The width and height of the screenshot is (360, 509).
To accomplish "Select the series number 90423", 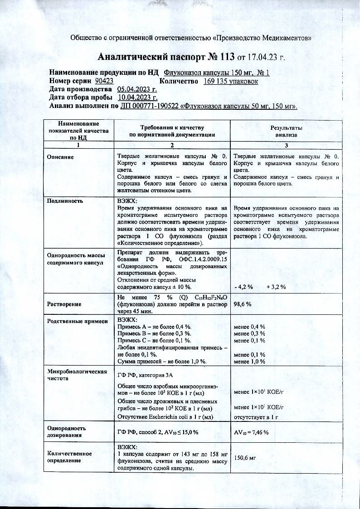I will pos(104,81).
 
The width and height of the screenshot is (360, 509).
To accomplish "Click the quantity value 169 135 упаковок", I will pos(231,81).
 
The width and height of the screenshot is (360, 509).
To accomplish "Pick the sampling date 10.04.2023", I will pos(138,97).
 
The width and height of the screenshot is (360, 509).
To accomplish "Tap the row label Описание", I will pos(60,157).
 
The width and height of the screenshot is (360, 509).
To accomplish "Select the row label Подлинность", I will pos(65,200).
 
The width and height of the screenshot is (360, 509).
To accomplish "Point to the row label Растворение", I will pos(64,304).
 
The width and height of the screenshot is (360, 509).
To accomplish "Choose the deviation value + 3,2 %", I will pos(276,287).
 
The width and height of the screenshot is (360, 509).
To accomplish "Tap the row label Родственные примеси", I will pos(78,321).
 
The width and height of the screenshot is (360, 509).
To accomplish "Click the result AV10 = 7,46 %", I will pos(251,432).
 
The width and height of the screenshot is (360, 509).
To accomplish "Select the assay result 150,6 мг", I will pos(245,458).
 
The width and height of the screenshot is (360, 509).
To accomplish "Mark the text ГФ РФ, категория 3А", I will pos(145,375).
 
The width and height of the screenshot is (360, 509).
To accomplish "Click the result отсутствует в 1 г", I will pos(255,416).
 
